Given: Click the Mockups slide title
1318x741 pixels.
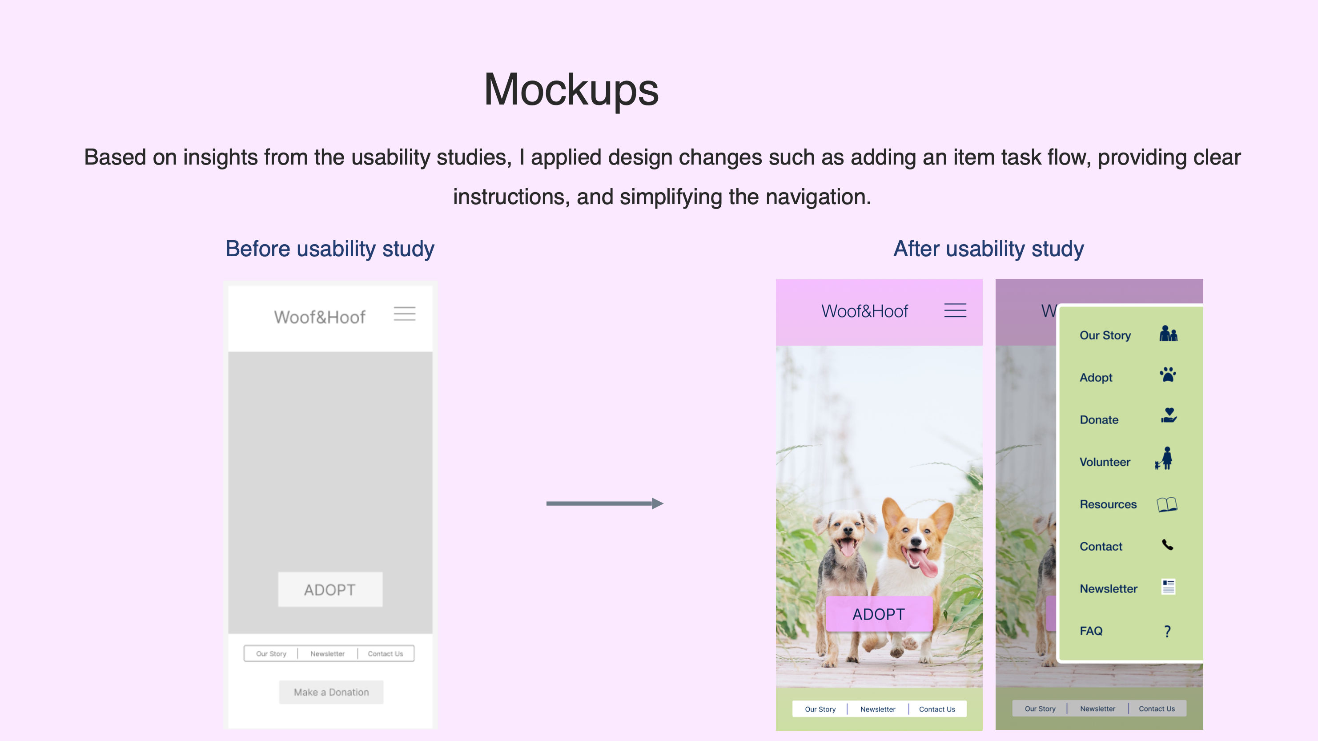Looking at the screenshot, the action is coord(571,90).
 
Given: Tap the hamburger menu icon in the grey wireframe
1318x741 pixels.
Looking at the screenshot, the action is coord(404,313).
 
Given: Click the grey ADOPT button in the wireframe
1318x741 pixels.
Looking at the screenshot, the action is coord(330,589).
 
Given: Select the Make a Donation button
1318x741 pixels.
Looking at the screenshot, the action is coord(331,692).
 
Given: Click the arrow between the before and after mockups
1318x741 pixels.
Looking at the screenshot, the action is coord(605,503).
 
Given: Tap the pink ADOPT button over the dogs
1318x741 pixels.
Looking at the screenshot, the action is coord(879,614).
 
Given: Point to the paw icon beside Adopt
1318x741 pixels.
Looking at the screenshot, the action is coord(1168,375).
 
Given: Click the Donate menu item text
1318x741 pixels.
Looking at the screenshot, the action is coord(1099,419).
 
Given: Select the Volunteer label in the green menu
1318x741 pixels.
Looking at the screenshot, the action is coord(1105,462).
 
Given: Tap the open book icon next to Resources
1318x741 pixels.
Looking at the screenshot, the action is coord(1167,504).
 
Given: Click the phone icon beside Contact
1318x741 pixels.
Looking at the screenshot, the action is coord(1167,545).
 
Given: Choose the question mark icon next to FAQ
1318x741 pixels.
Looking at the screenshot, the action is coord(1167,631).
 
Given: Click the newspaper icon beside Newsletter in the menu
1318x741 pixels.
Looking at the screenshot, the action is coord(1168,587).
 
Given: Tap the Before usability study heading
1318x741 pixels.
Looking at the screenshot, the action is coord(330,249).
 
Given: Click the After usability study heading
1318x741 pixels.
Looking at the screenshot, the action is coord(988,249).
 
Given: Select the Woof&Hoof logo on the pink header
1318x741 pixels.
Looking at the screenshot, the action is coord(865,311).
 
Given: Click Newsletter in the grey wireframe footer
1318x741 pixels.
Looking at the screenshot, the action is coord(327,653).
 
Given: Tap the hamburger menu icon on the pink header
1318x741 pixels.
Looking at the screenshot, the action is coord(955,310).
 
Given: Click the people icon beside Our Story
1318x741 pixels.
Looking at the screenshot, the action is coord(1168,333).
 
